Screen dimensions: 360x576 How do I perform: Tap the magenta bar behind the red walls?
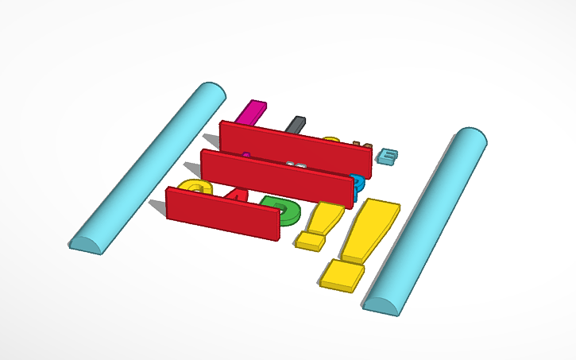coord(253,112)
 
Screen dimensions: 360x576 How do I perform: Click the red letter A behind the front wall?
coord(237,193)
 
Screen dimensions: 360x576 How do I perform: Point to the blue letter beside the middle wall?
coord(358,184)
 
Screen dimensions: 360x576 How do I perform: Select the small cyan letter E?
coord(388,156)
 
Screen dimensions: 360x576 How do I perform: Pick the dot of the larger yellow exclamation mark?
coord(342,275)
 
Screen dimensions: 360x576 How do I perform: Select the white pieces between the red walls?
coord(296,165)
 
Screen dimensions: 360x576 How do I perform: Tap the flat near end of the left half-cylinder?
coord(86,244)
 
